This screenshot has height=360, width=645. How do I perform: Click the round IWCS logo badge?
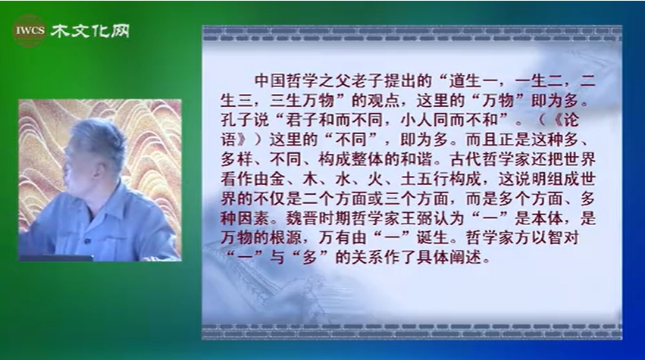30,30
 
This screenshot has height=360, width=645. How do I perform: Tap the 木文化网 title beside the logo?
90,31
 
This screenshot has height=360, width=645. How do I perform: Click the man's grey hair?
98,139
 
